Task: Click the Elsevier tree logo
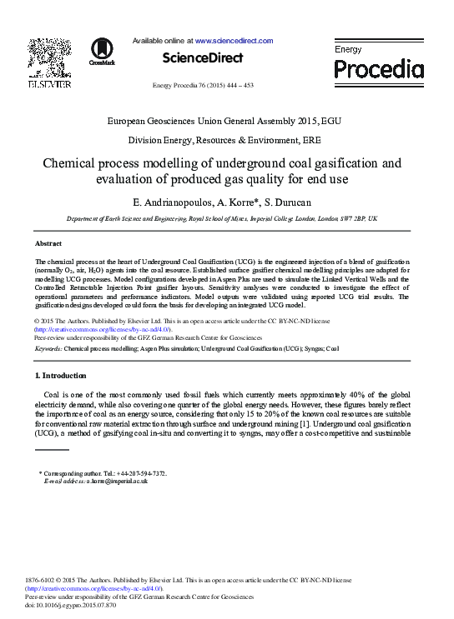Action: (x=49, y=57)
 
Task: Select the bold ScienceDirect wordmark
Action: (x=203, y=58)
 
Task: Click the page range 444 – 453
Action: (x=243, y=86)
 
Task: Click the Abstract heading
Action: (x=48, y=243)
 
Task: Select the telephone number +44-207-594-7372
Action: (x=135, y=473)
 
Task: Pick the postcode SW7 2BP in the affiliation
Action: (x=349, y=218)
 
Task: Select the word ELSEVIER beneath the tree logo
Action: (x=49, y=84)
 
